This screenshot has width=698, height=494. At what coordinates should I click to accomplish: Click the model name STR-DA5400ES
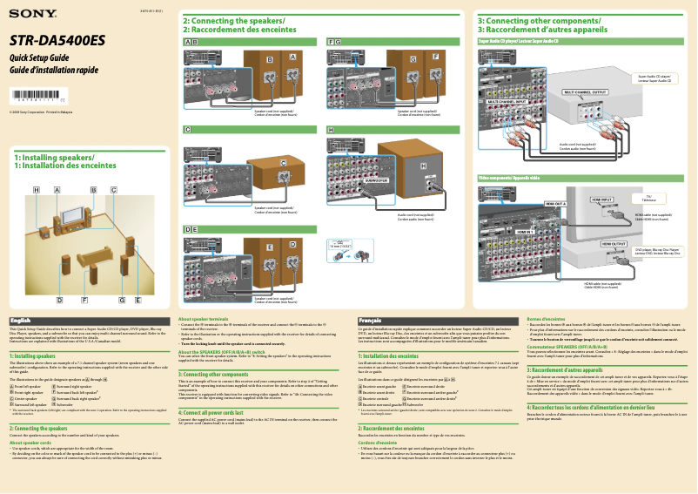point(57,40)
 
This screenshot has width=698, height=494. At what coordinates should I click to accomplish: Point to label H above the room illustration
point(37,189)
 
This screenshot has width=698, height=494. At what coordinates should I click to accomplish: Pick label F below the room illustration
point(84,300)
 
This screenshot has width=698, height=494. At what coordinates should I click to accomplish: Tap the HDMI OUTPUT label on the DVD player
point(614,244)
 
